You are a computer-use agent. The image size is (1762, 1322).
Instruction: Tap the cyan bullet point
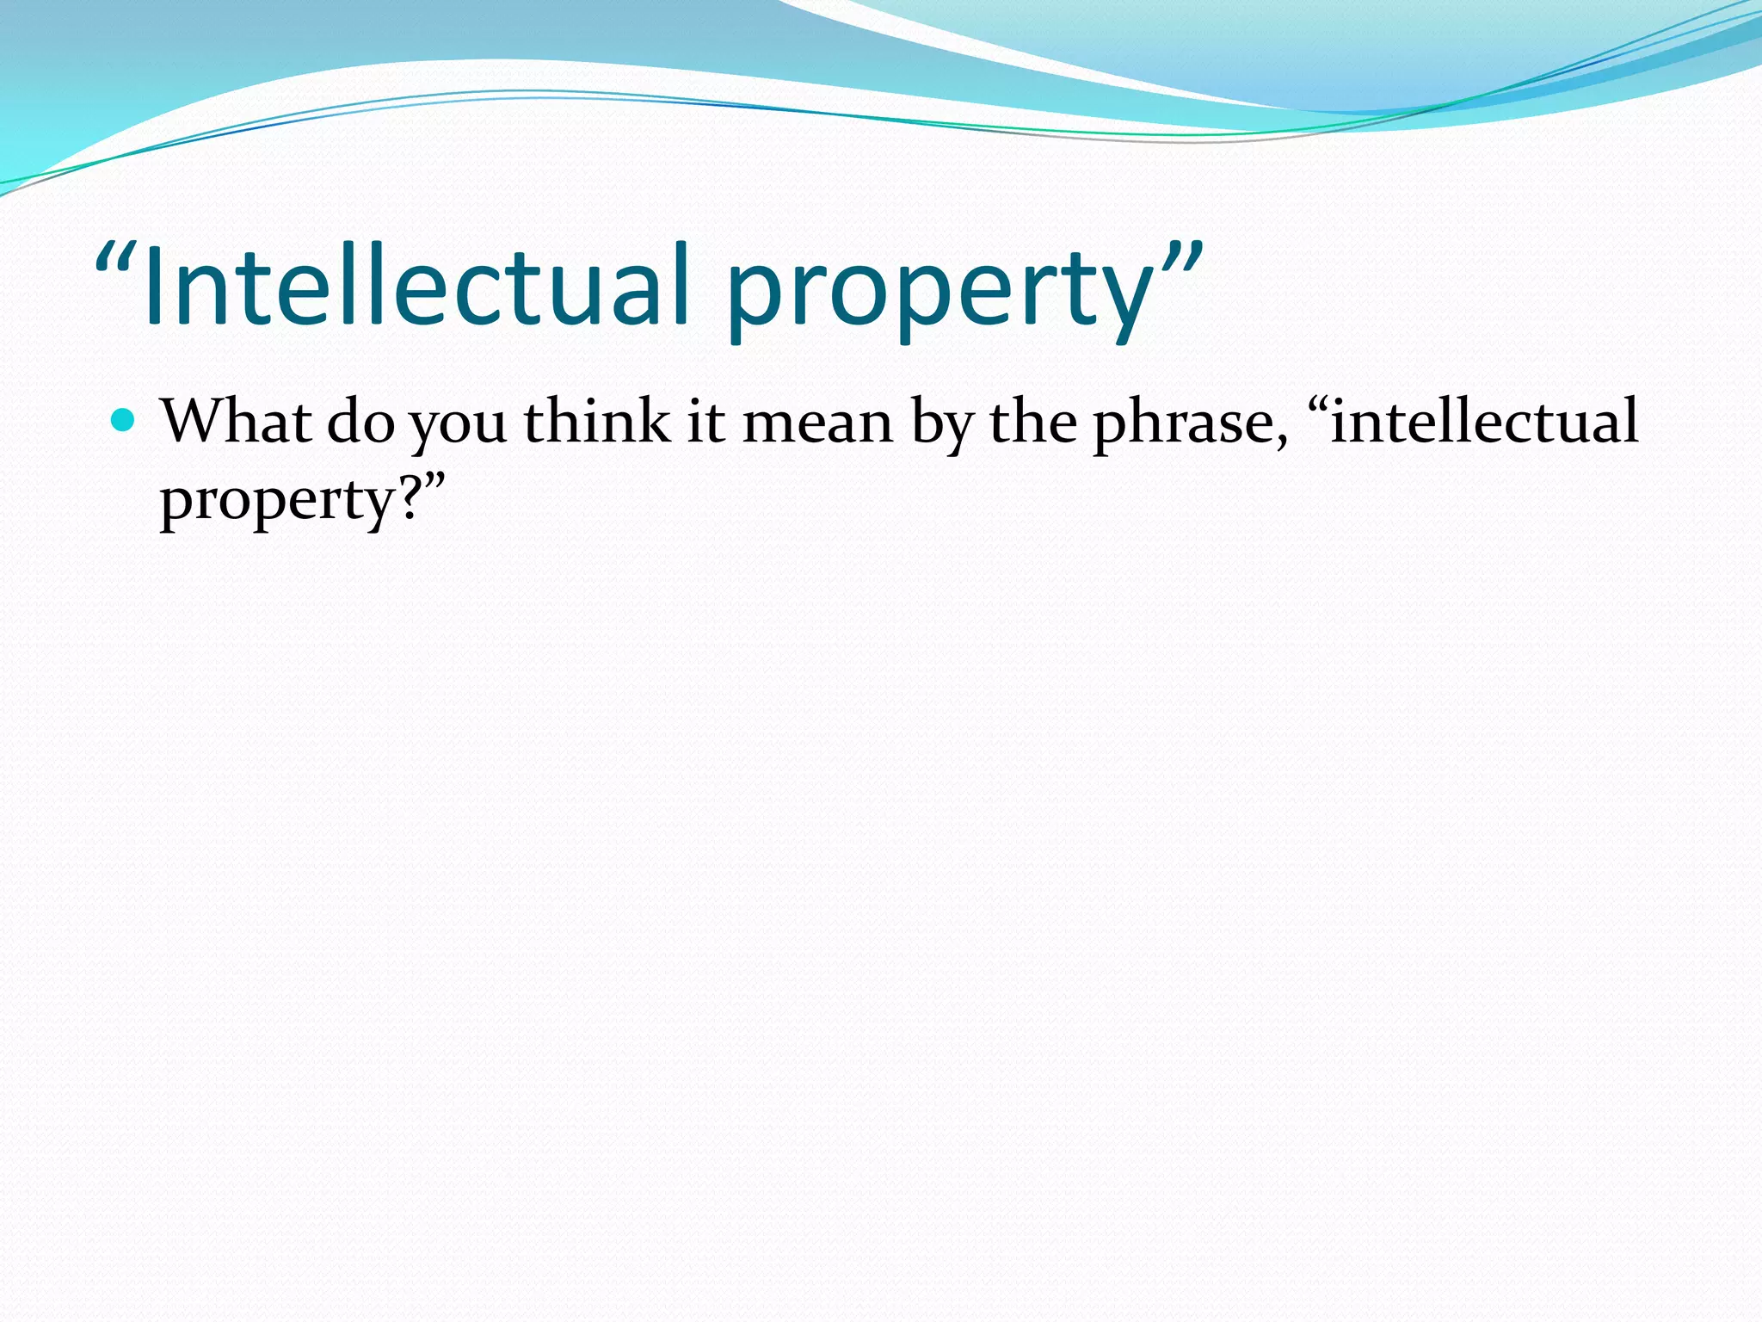124,420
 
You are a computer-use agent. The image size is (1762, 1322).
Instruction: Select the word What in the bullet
236,422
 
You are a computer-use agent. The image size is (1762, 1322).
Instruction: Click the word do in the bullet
360,423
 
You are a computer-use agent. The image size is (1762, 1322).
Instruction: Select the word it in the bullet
705,423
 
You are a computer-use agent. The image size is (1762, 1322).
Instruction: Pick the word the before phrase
1032,422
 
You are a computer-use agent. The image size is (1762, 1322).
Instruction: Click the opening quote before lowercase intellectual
1317,405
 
